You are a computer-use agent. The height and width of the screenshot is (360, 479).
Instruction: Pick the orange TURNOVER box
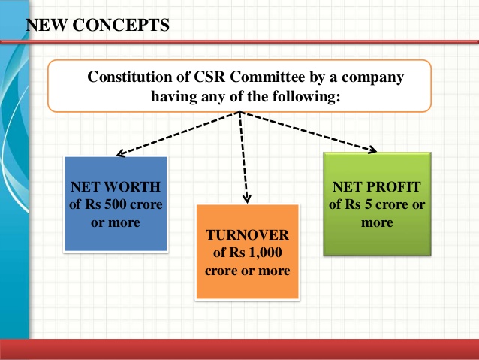(248, 251)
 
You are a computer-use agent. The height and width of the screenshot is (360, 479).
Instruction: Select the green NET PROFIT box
(376, 202)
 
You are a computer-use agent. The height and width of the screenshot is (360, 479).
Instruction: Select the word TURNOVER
(248, 234)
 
